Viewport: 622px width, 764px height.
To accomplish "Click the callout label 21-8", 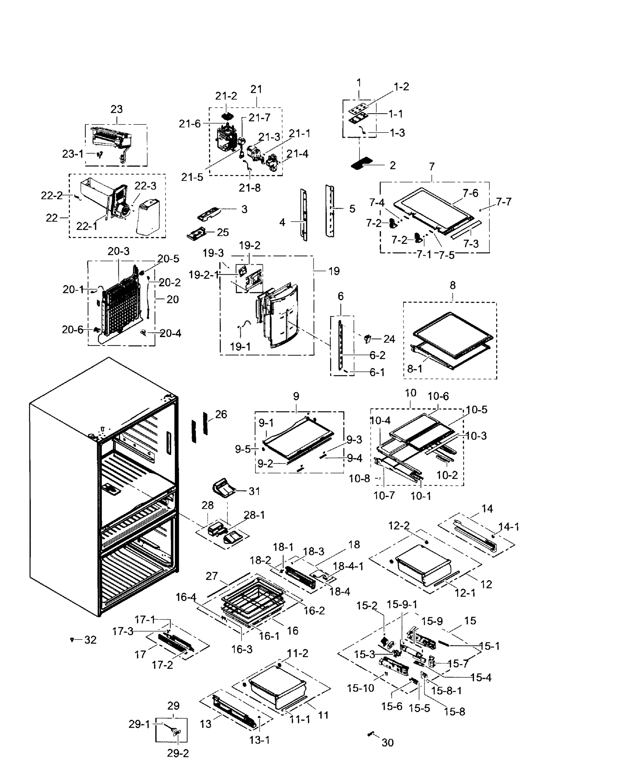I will (249, 188).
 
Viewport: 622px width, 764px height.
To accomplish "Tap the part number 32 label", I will (90, 640).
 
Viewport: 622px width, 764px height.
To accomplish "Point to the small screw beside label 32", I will (72, 639).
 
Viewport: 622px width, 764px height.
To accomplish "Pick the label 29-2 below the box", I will (178, 753).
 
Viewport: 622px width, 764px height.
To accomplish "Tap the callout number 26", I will (221, 414).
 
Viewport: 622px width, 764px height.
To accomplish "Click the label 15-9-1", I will (402, 605).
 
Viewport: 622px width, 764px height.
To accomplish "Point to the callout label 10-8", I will (359, 478).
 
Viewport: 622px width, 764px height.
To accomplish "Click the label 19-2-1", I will (203, 275).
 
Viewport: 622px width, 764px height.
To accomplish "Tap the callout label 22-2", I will (52, 195).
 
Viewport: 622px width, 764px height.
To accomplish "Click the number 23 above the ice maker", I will (117, 109).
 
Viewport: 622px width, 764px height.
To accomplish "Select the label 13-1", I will (259, 739).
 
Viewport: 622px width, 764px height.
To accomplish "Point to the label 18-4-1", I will (348, 566).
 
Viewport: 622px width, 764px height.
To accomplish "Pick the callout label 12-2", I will (399, 526).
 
